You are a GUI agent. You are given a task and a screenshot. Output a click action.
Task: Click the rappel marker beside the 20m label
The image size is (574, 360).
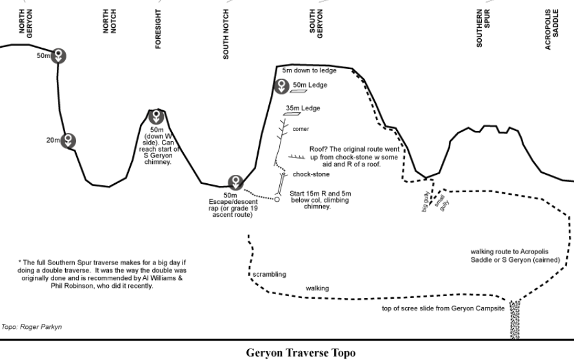pyautogui.click(x=68, y=140)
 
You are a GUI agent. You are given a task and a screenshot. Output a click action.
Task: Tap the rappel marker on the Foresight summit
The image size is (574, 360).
pyautogui.click(x=156, y=117)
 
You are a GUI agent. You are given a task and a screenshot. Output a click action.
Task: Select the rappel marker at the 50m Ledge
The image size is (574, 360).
pyautogui.click(x=282, y=85)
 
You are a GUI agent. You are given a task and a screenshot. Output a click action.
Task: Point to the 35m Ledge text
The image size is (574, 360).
pyautogui.click(x=303, y=108)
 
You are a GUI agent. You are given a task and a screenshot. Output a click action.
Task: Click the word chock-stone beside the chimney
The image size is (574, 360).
pyautogui.click(x=311, y=174)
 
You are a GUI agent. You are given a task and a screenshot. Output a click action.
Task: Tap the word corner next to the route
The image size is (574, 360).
pyautogui.click(x=301, y=129)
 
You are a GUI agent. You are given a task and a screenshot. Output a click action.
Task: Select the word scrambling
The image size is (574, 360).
pyautogui.click(x=269, y=274)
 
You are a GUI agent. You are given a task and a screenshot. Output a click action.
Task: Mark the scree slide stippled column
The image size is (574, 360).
pyautogui.click(x=515, y=319)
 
